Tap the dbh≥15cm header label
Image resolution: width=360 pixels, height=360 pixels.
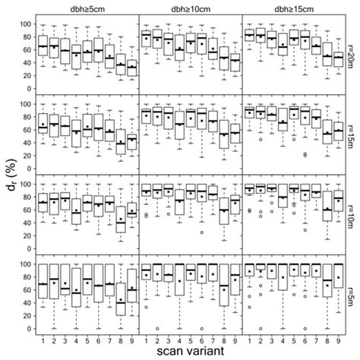tap(292, 8)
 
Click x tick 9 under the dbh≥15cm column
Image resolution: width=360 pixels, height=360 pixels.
tap(336, 340)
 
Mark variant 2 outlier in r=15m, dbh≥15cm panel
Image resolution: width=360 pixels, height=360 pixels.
tap(260, 140)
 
